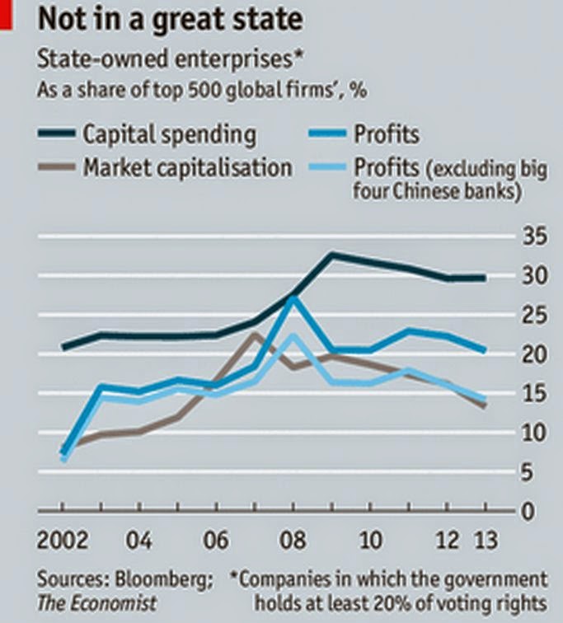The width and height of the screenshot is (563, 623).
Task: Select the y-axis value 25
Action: (533, 315)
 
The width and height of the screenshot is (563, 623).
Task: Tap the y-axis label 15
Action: (533, 393)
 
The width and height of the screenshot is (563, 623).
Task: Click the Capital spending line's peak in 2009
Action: (331, 255)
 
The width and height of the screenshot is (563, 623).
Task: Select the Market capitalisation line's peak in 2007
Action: (255, 334)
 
